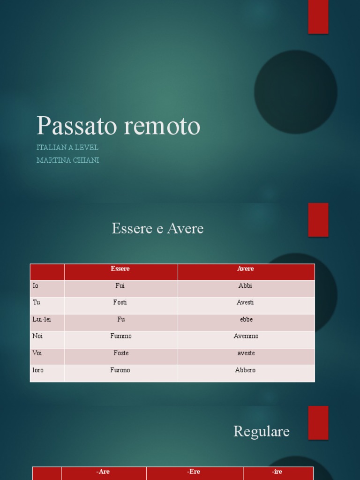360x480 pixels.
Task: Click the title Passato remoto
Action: pos(119,126)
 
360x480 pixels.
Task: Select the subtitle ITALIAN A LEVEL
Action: pos(67,148)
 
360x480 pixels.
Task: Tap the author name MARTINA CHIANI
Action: pos(67,160)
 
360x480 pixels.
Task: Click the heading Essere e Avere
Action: pos(157,229)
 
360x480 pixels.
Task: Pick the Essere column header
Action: pos(120,269)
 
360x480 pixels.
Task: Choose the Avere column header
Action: pos(246,269)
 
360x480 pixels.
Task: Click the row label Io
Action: pos(36,286)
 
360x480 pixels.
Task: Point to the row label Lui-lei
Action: pos(42,320)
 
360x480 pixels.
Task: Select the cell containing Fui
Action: pos(120,286)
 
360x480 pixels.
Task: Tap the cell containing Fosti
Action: pos(120,303)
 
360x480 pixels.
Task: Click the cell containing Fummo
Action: pos(121,337)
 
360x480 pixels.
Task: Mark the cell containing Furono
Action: pos(120,370)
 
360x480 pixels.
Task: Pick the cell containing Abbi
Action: pos(246,286)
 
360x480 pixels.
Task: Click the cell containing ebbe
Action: pos(246,320)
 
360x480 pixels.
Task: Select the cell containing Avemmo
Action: pos(246,337)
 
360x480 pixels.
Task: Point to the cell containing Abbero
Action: pos(246,370)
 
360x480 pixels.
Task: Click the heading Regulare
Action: pos(262,432)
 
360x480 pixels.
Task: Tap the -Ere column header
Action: pos(194,472)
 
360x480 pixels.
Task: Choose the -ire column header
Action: pos(277,472)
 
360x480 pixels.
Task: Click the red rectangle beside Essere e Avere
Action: pos(318,220)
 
